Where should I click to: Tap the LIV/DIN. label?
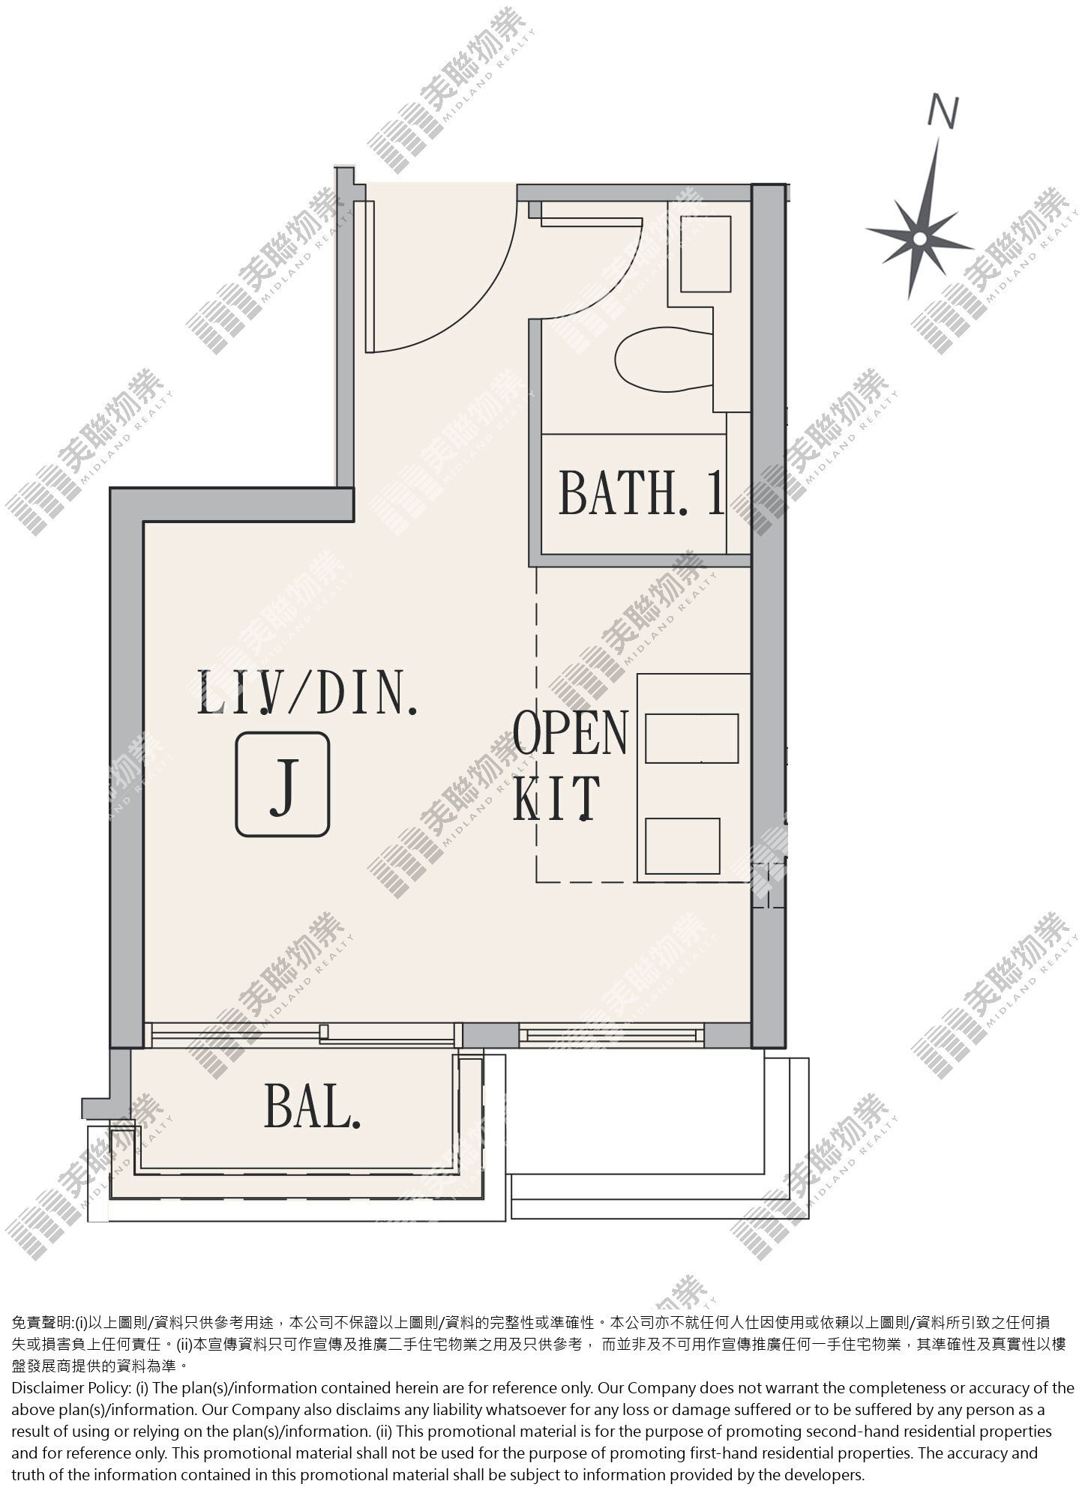tap(307, 693)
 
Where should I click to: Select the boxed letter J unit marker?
tap(283, 784)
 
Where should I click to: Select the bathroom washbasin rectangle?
tap(706, 254)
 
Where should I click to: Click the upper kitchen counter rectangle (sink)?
tap(691, 738)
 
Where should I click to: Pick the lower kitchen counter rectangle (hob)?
tap(682, 845)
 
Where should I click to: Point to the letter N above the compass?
tap(943, 111)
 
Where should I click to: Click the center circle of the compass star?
tap(919, 238)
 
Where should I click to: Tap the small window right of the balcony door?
tap(611, 1035)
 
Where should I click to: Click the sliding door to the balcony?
tap(303, 1034)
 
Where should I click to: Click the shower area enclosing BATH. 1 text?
tap(634, 494)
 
